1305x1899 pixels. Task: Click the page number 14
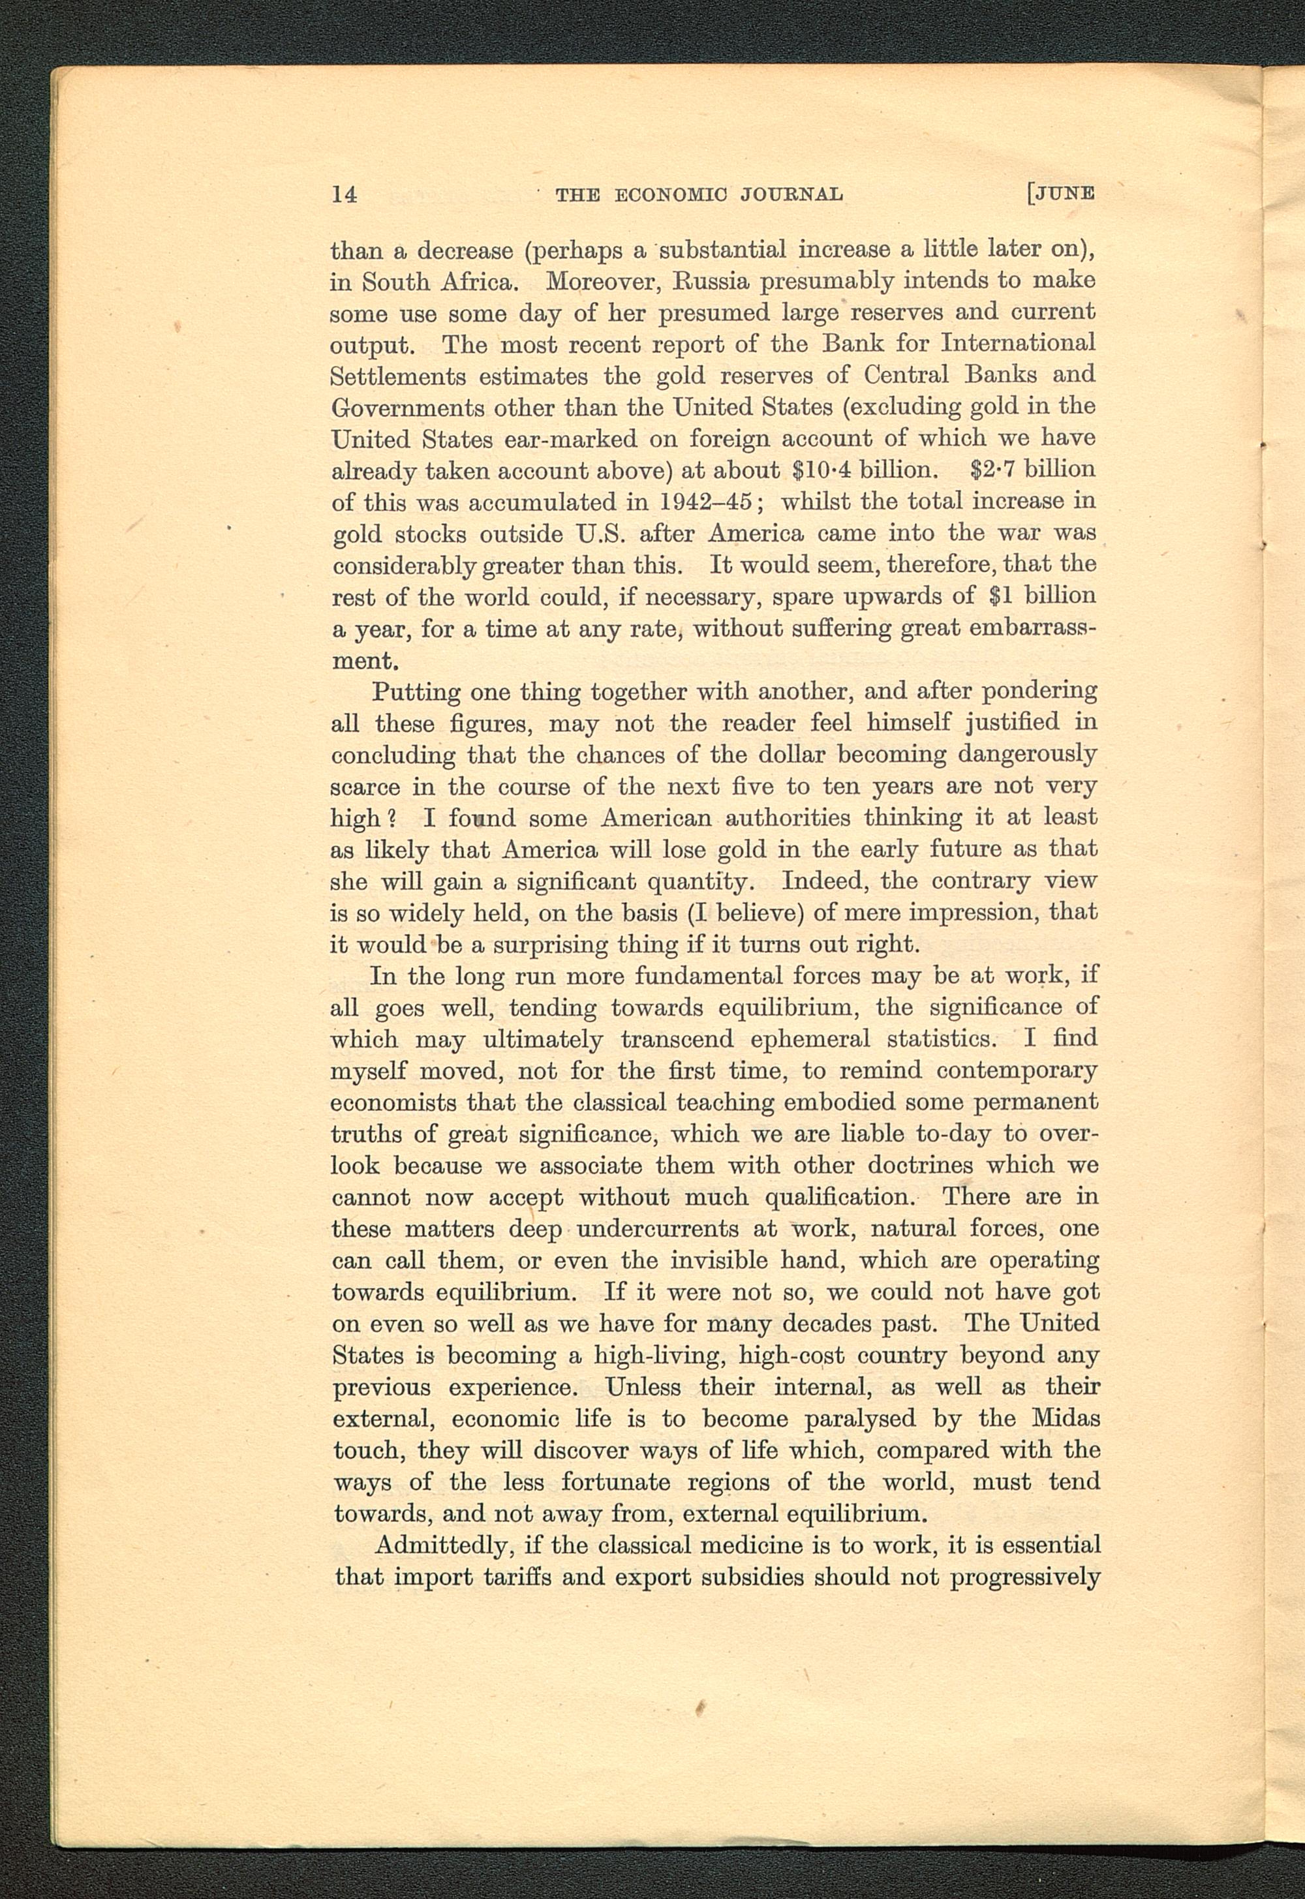pos(345,194)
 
